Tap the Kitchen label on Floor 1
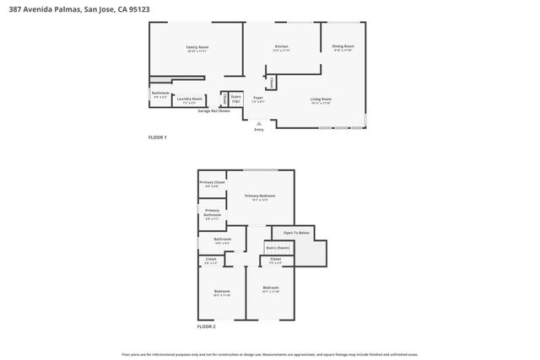coord(282,46)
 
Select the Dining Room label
coord(343,46)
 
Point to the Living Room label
coord(321,99)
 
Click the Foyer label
coord(258,99)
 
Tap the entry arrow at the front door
coord(258,122)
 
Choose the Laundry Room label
coord(189,99)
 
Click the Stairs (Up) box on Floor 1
coord(236,99)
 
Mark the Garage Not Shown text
coord(213,111)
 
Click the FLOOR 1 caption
coord(158,137)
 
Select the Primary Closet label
coord(212,183)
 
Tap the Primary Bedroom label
coord(260,196)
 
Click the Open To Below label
coord(296,232)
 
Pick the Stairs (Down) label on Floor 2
coord(278,248)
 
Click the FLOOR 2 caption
coord(207,325)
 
